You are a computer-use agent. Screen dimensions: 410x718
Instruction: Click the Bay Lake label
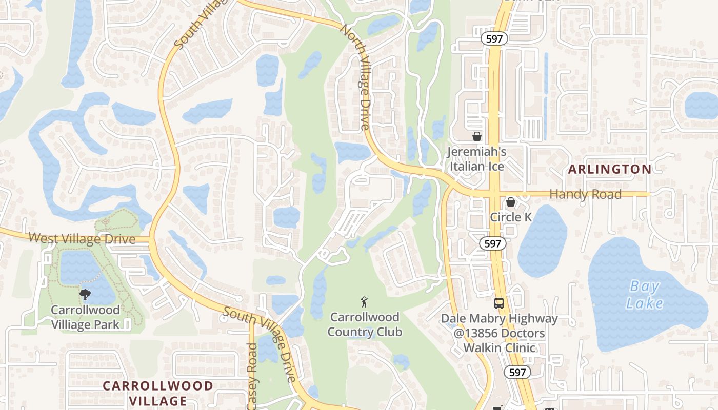(x=644, y=295)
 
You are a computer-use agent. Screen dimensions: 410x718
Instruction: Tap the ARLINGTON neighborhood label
(x=610, y=169)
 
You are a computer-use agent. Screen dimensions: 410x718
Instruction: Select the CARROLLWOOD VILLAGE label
(x=158, y=393)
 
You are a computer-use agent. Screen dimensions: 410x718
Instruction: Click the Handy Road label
(x=585, y=194)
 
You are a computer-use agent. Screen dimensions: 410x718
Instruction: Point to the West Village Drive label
(x=82, y=238)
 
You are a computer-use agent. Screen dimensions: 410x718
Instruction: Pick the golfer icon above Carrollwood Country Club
(x=364, y=301)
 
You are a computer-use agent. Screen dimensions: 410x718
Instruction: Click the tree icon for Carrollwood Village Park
(x=85, y=295)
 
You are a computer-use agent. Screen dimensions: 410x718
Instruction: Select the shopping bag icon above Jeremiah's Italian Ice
(x=477, y=136)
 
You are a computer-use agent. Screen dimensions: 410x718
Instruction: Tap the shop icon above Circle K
(x=511, y=202)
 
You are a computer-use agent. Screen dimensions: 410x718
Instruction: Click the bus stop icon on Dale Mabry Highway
(x=499, y=303)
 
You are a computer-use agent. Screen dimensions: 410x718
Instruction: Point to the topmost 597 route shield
(x=494, y=38)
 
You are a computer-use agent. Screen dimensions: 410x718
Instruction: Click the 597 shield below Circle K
(x=492, y=243)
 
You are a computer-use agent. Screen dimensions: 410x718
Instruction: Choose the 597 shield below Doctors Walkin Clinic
(x=517, y=372)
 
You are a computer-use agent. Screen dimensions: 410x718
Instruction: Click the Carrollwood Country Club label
(x=365, y=324)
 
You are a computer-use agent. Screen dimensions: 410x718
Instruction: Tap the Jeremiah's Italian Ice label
(x=477, y=159)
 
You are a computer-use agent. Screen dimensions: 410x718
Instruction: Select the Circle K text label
(x=511, y=217)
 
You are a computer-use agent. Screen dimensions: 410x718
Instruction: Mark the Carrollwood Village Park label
(x=85, y=317)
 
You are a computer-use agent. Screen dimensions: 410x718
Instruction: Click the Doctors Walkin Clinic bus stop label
(x=500, y=334)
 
